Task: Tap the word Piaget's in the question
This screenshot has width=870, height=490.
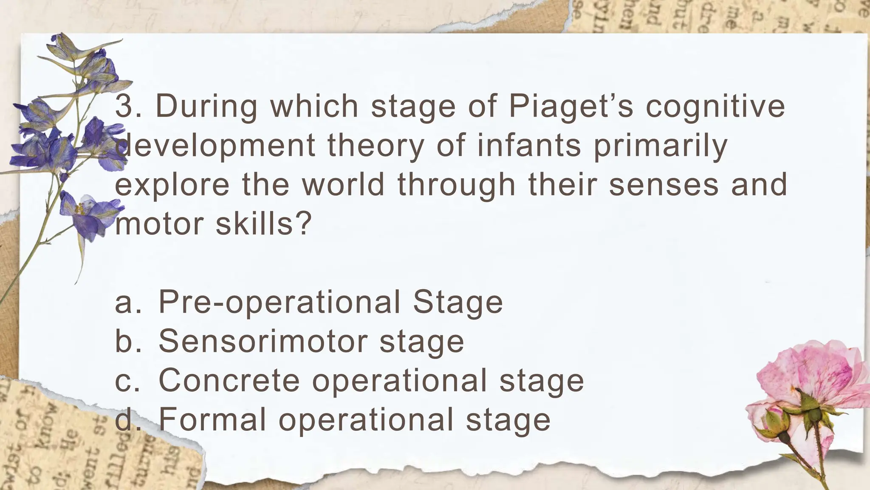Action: (571, 105)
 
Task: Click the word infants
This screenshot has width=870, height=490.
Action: (529, 145)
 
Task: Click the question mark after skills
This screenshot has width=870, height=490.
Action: (304, 224)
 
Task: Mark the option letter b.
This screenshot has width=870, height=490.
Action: (124, 341)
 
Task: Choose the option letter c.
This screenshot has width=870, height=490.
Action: (124, 381)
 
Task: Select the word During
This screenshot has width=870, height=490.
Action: (206, 105)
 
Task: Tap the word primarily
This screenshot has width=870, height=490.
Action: (660, 146)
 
